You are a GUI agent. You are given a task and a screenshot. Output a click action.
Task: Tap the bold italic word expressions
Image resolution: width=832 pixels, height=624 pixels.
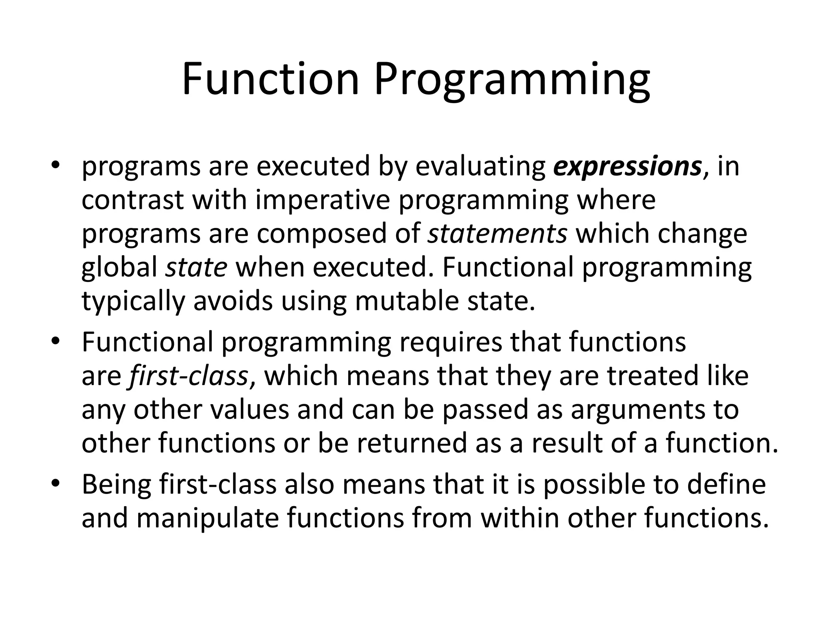[628, 167]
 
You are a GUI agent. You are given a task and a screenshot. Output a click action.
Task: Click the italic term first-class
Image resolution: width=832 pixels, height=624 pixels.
[188, 376]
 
